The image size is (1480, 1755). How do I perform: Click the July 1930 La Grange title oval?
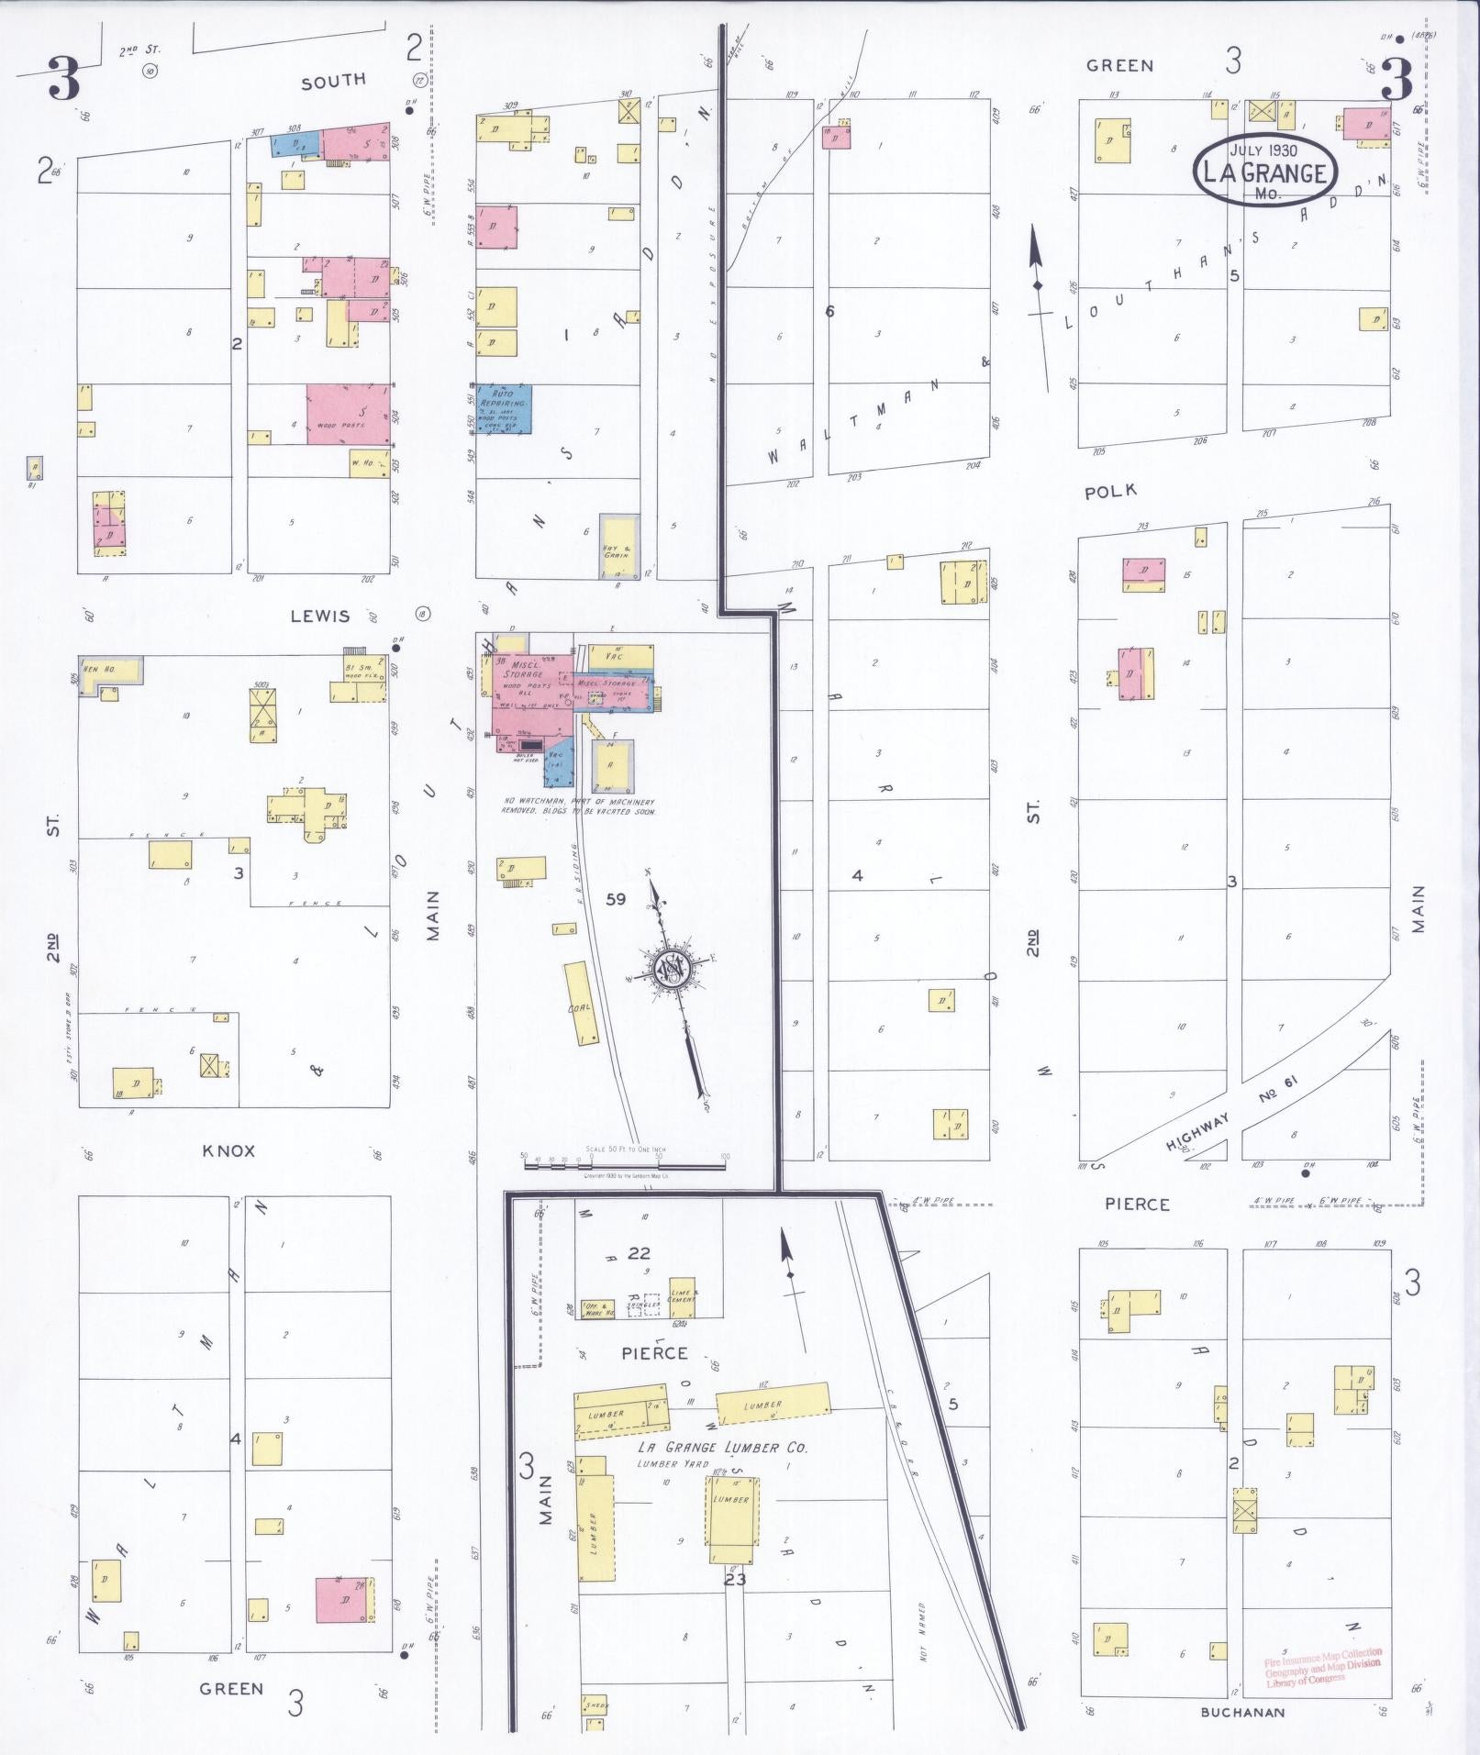coord(1264,172)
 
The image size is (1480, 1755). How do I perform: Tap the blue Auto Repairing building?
coord(503,408)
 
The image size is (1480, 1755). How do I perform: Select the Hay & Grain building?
coord(615,547)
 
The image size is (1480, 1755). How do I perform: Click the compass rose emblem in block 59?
coord(671,967)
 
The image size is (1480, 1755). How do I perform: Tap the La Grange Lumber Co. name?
coord(722,1447)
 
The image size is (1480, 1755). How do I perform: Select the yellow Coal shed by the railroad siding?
coord(579,1004)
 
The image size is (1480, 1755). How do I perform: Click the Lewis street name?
coord(319,616)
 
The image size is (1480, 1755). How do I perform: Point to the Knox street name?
coord(228,1150)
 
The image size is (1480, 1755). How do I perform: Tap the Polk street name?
coord(1110,492)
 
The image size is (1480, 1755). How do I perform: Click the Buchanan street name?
coord(1242,1712)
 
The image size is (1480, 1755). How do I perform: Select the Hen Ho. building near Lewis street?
coord(110,670)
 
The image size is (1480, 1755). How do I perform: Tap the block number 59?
coord(616,899)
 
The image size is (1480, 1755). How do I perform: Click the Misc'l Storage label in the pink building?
coord(523,669)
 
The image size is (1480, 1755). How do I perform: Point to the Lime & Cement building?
coord(682,1295)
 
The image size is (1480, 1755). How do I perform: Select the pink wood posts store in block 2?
coord(349,415)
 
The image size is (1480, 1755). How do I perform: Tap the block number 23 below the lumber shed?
coord(735,1579)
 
